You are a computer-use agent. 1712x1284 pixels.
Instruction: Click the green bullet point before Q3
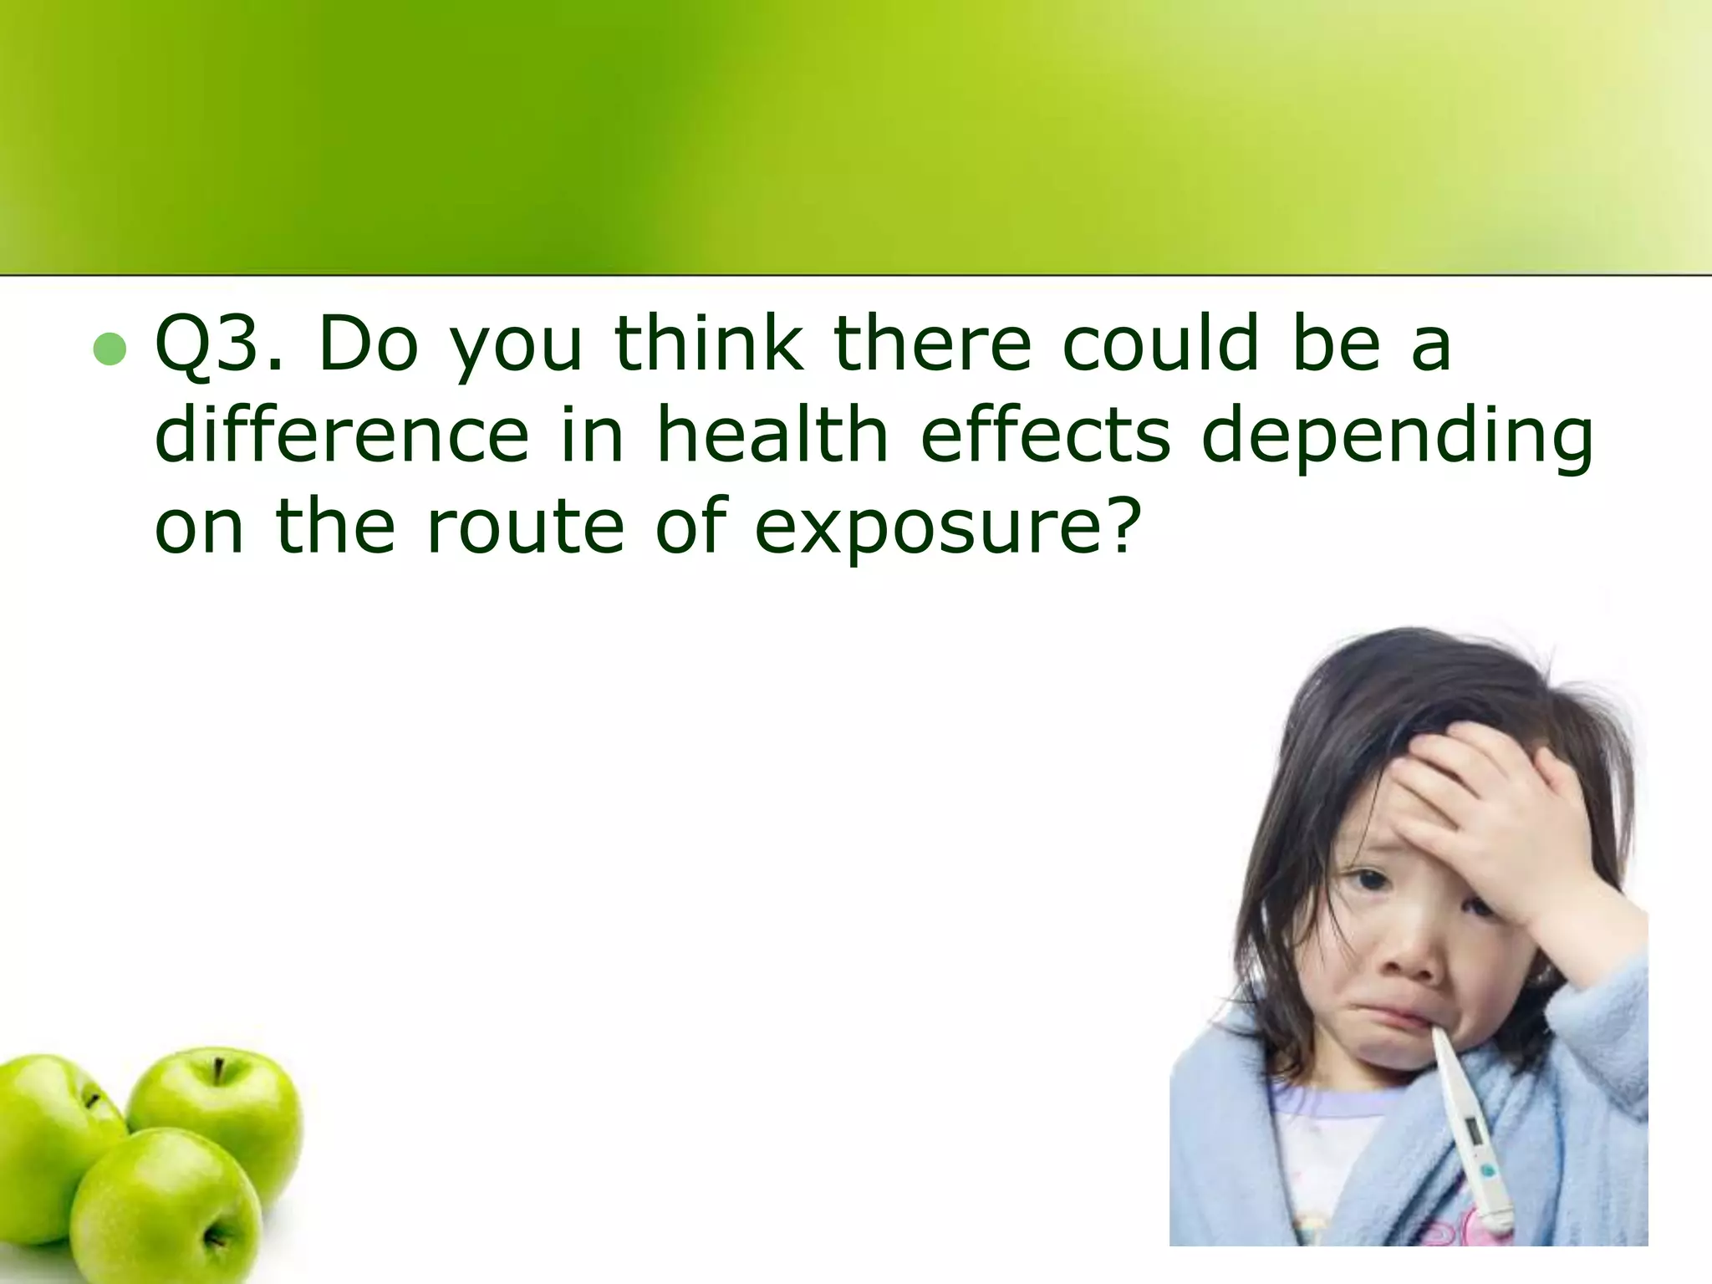[x=110, y=351]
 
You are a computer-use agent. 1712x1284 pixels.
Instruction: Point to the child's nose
[x=1413, y=961]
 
